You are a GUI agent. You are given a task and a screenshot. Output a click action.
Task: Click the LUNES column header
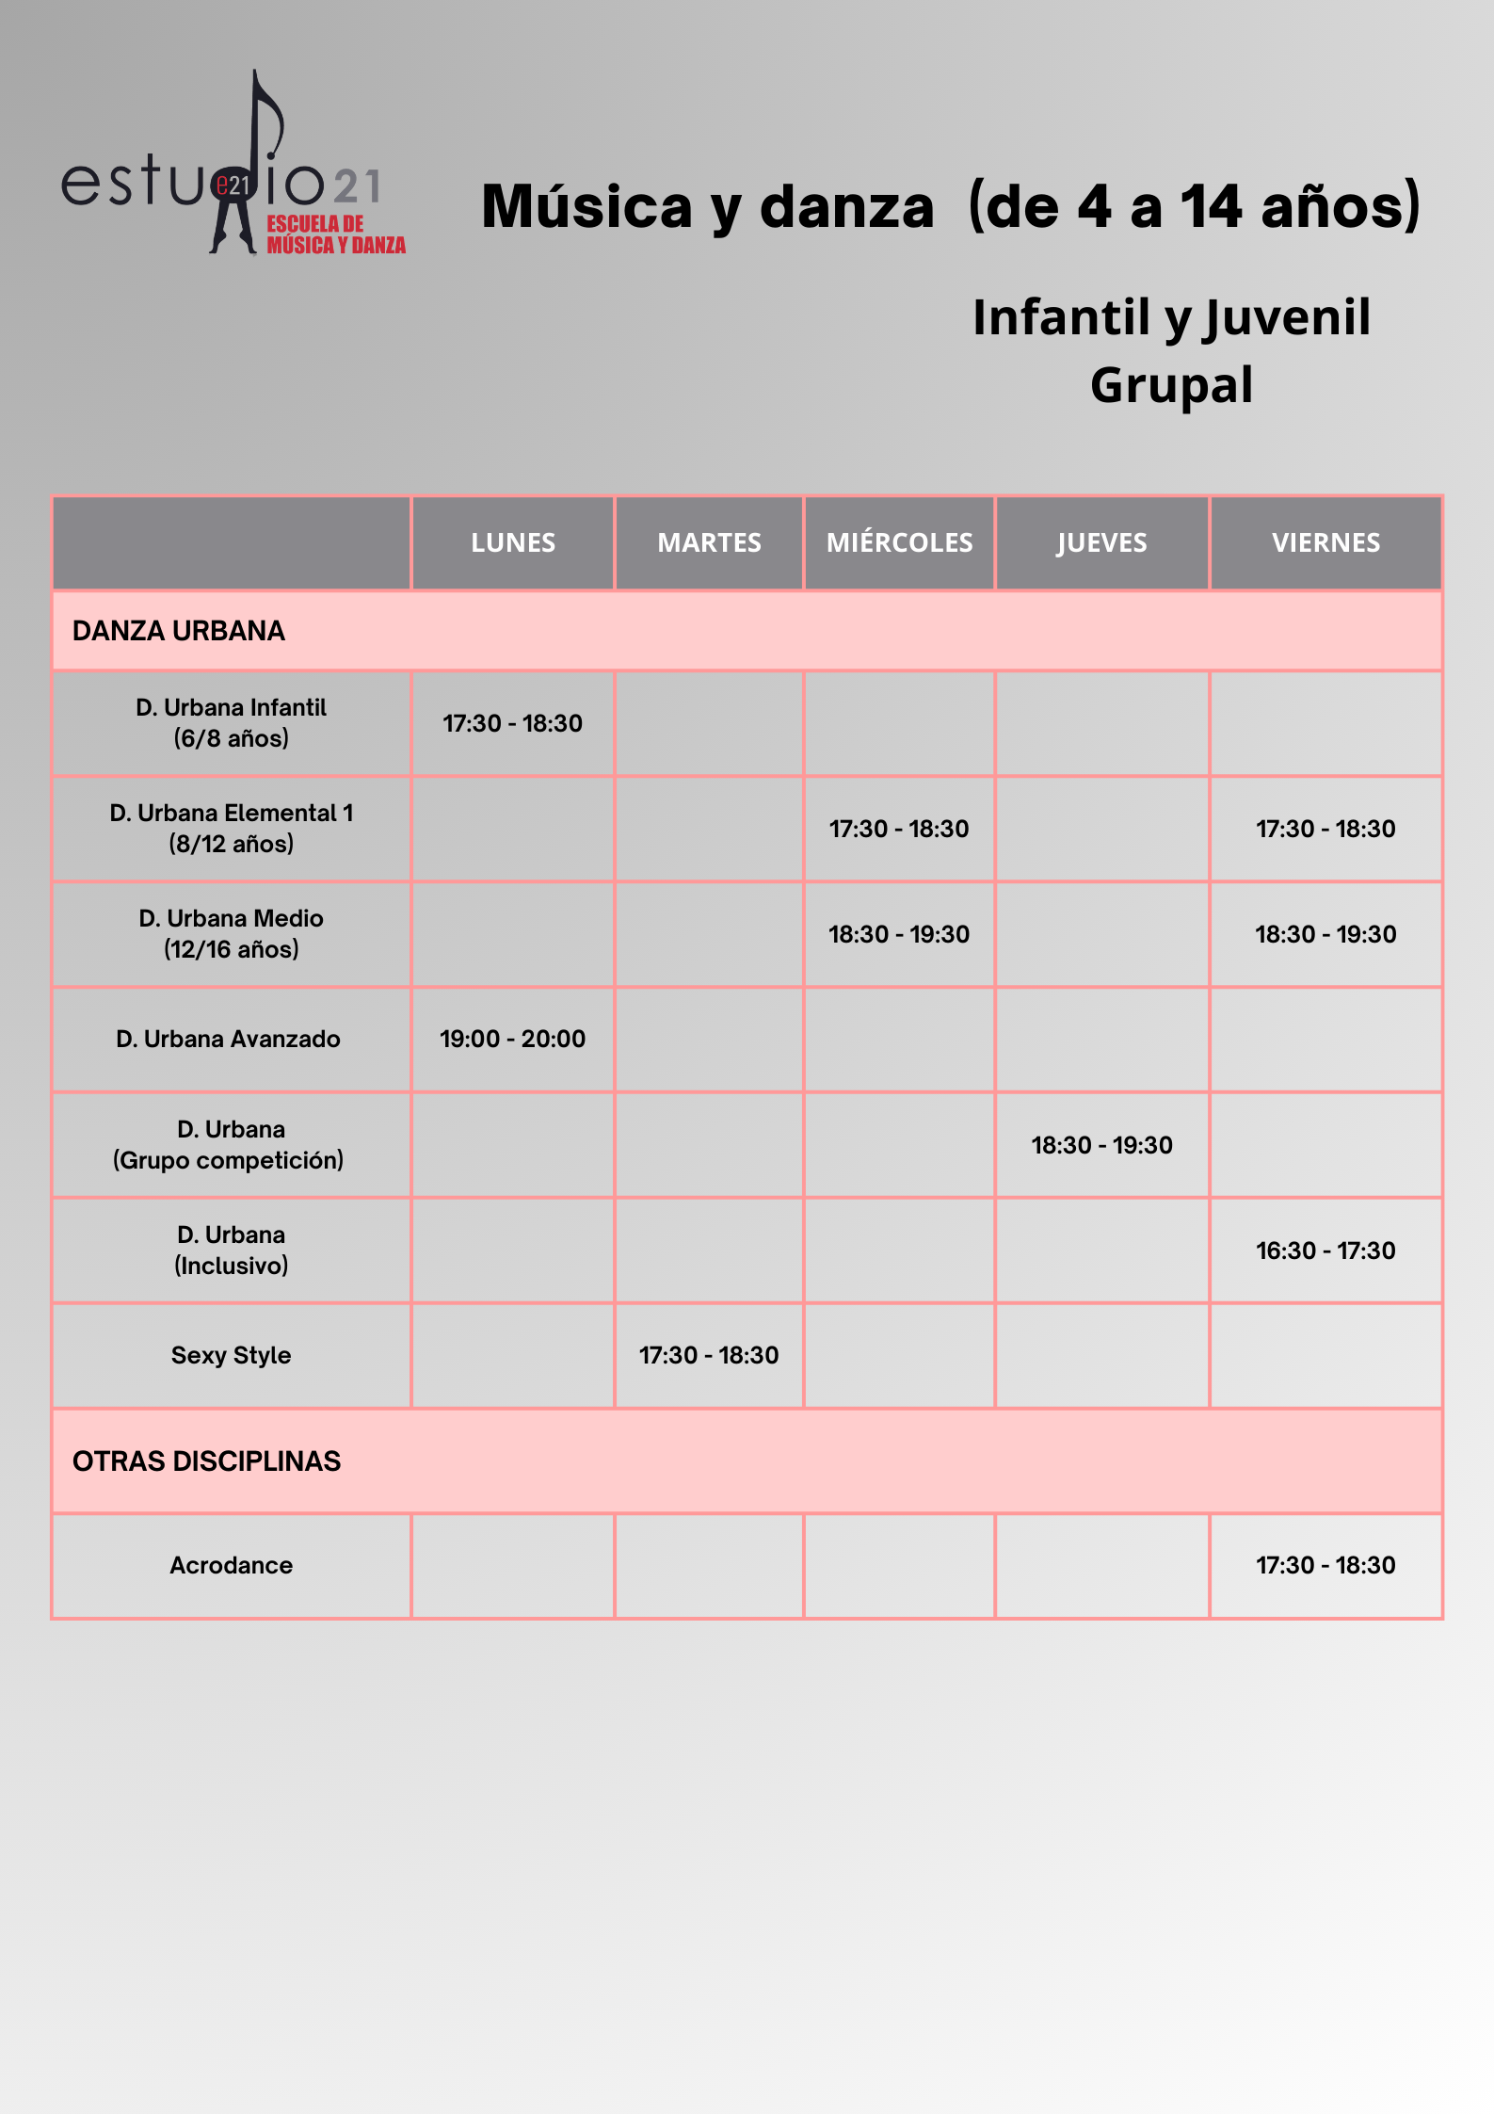point(513,542)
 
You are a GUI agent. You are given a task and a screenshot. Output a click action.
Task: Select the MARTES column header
point(709,542)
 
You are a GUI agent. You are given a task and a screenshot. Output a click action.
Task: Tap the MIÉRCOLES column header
point(899,542)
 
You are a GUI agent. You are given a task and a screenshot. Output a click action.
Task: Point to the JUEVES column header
point(1101,542)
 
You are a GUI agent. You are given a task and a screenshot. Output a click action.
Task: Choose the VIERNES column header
point(1325,542)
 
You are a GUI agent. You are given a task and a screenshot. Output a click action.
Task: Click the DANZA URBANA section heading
point(179,631)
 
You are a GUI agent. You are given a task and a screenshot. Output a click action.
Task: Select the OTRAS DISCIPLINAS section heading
point(206,1461)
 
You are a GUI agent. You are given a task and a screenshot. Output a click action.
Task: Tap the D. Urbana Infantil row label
point(231,722)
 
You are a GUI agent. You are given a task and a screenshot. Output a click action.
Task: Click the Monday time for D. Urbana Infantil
point(513,723)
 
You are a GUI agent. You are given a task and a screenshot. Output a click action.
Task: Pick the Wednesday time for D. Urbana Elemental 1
point(899,829)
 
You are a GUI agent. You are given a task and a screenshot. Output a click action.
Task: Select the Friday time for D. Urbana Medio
point(1325,934)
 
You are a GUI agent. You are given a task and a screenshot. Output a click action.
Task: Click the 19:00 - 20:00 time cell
point(513,1039)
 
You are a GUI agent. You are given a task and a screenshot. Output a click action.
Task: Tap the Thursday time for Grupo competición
point(1101,1145)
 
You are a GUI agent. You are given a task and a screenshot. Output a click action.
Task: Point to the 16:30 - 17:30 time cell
point(1325,1251)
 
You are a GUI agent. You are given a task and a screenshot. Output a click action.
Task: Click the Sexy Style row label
point(231,1355)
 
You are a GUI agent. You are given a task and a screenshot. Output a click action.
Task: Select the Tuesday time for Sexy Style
point(709,1355)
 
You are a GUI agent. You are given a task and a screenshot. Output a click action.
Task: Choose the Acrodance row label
point(231,1565)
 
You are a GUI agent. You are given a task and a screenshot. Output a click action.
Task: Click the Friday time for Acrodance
point(1325,1565)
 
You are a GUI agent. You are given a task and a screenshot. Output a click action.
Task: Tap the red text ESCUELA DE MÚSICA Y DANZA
point(335,235)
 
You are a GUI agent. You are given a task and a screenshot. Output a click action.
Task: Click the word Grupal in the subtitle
point(1171,385)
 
